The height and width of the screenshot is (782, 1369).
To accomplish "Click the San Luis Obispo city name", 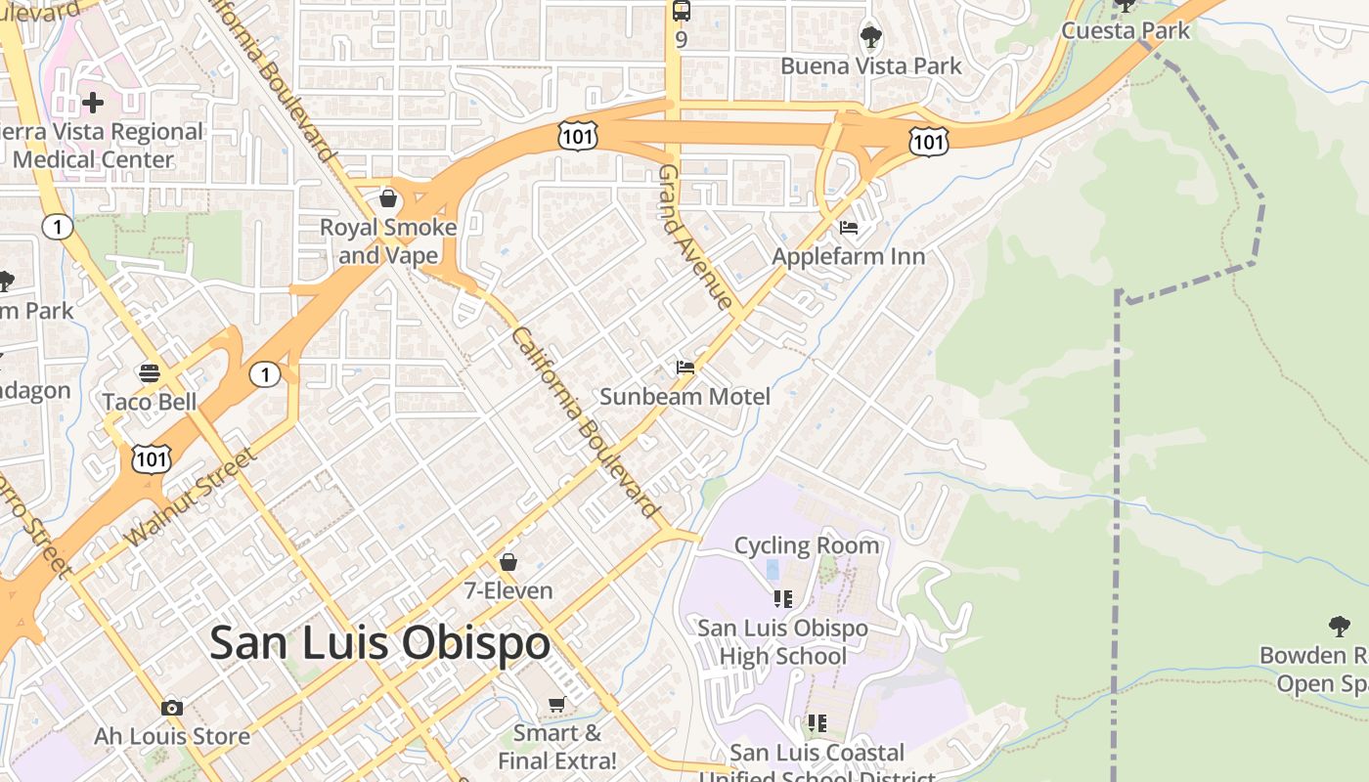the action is coord(379,643).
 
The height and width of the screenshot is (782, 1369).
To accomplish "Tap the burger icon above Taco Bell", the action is coord(150,373).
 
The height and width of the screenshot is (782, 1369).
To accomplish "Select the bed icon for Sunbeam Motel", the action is coord(685,368).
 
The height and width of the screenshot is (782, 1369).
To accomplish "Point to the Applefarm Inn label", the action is coord(848,256).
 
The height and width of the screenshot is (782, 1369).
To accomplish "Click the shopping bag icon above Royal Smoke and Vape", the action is coord(388,199).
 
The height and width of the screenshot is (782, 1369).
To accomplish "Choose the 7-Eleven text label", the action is coord(508,590).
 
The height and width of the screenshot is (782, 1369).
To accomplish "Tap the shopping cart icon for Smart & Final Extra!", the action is coord(556,705).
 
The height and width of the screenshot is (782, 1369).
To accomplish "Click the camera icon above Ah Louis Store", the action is coord(172,708).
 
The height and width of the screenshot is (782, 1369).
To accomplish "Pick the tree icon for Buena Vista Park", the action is coord(870,38).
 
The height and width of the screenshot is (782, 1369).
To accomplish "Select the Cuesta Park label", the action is coord(1126,30).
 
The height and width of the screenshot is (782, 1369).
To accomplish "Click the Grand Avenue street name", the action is coord(695,237).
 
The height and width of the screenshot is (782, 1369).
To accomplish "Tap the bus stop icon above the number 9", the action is coord(681,11).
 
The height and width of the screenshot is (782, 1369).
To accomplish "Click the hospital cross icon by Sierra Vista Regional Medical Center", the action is coord(93,102).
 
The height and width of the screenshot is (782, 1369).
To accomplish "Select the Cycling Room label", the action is coord(806,545).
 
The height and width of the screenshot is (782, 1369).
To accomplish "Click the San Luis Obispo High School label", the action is coord(782,641).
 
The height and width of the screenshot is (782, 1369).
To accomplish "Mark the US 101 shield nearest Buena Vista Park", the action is coord(927,142).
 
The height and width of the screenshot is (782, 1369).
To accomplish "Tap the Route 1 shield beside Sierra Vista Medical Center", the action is coord(57,228).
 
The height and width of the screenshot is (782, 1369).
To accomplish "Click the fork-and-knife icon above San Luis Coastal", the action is coord(817,723).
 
